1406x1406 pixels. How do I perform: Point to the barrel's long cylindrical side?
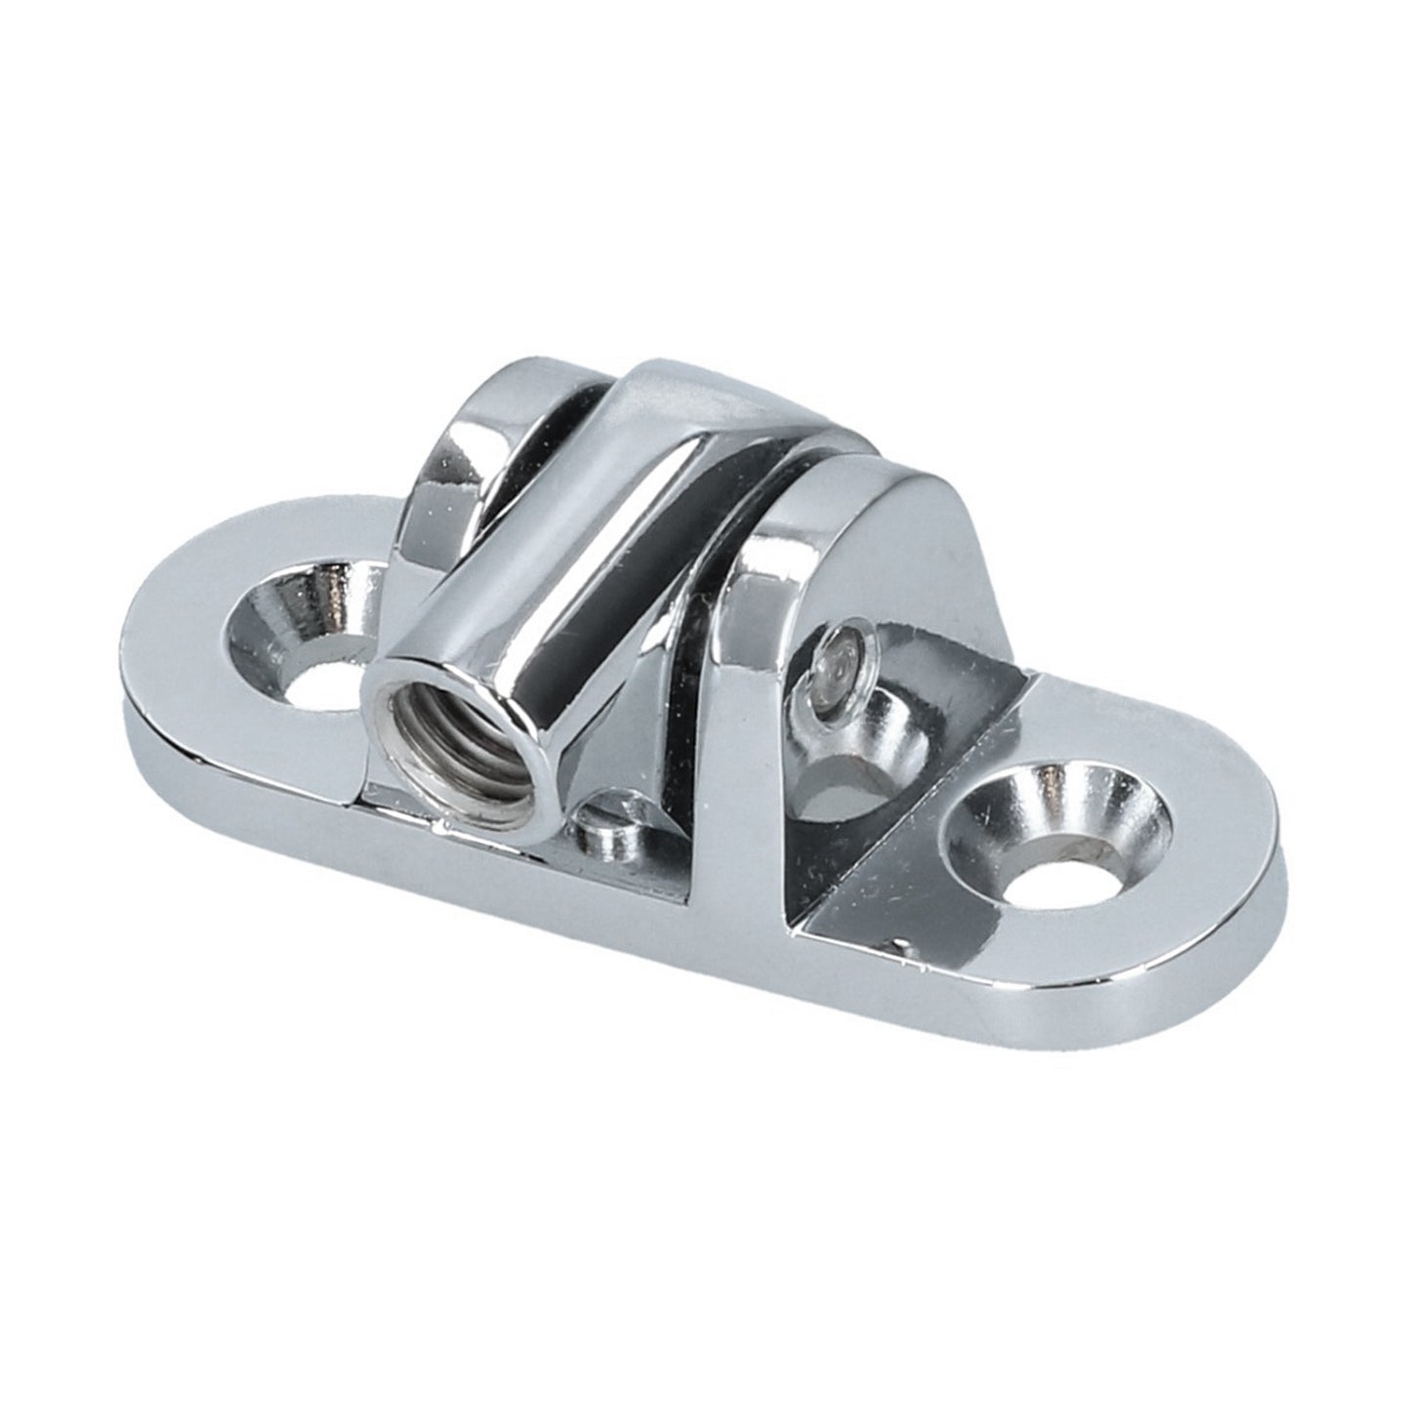pyautogui.click(x=586, y=586)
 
